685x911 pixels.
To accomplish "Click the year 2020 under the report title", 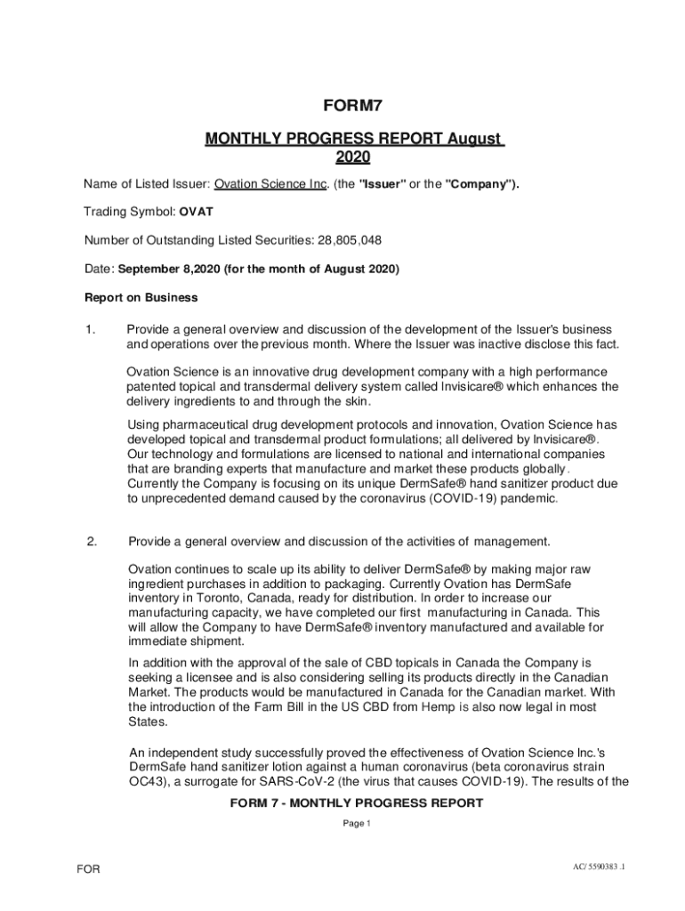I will tap(353, 157).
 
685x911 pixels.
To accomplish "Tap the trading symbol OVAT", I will tap(196, 213).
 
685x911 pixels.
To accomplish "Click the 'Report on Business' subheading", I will tap(141, 297).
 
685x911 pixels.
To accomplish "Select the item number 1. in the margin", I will tap(91, 330).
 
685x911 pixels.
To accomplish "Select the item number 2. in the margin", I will tap(92, 541).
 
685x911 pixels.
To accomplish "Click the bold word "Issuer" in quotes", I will tap(383, 185).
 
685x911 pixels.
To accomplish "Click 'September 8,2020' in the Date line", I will tap(169, 269).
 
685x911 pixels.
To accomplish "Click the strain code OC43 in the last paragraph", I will tap(145, 782).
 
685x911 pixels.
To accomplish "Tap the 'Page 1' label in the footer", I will tap(356, 824).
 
